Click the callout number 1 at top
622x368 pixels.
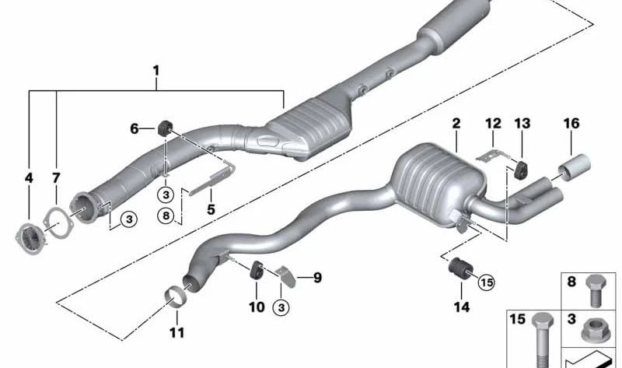155,72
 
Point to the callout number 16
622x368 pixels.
571,124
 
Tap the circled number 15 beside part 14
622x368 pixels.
487,282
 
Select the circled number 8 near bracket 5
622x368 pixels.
166,216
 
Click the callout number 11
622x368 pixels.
176,333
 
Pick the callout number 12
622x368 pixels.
493,124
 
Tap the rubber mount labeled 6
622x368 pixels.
165,128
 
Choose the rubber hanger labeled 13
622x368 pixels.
519,168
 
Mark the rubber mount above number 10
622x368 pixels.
254,272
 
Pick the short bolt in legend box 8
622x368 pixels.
597,289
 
